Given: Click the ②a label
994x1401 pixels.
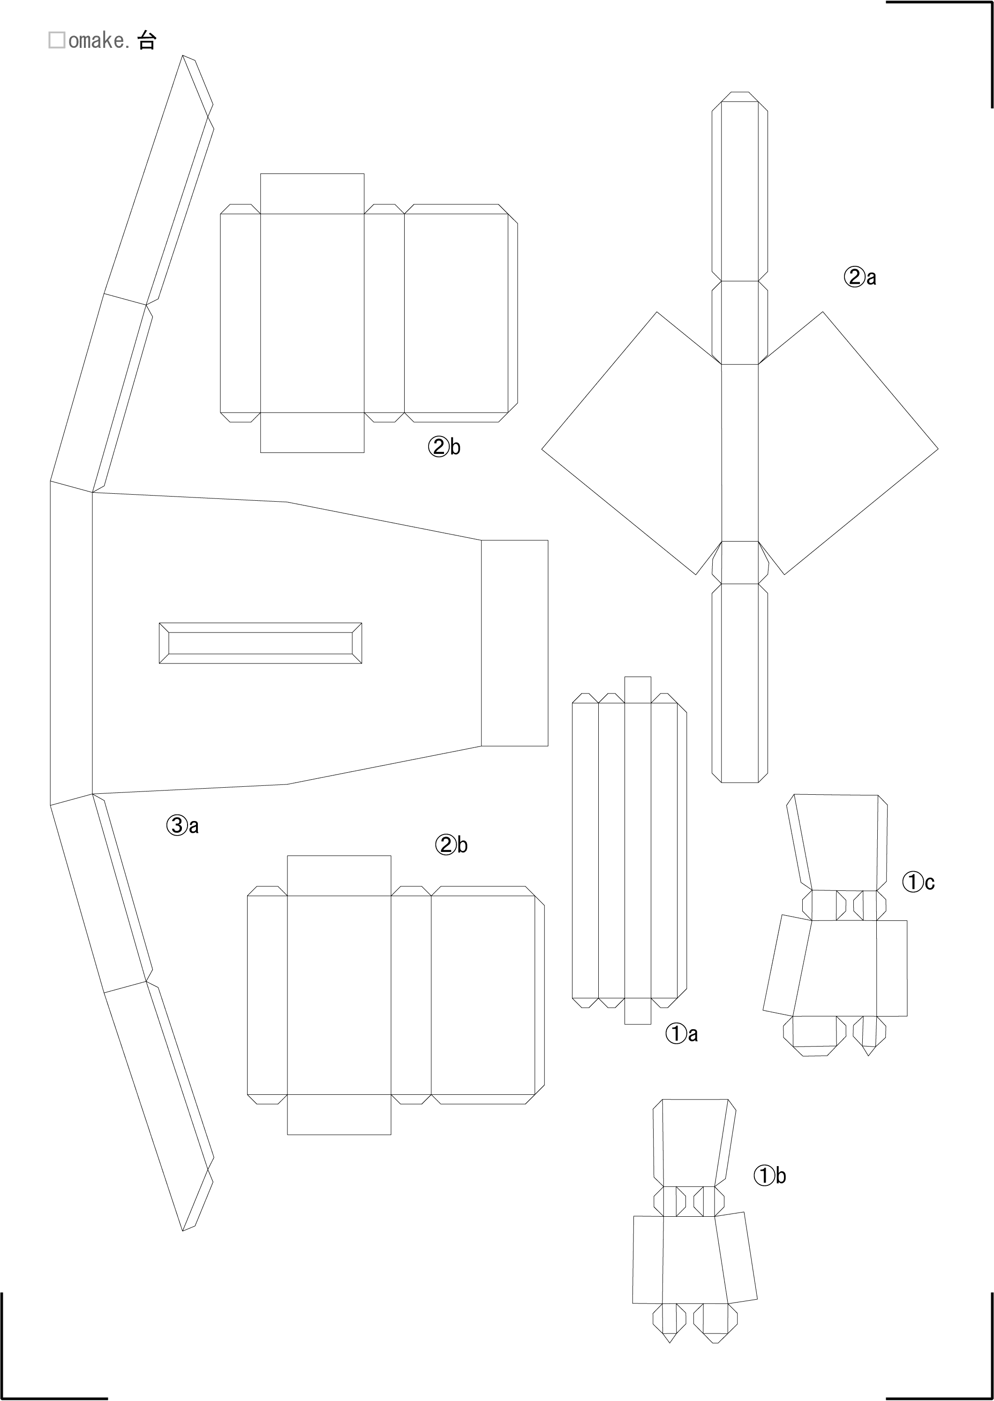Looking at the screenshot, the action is click(x=860, y=277).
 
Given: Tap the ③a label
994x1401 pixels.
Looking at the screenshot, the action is click(x=182, y=826).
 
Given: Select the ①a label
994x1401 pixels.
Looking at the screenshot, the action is click(x=682, y=1034).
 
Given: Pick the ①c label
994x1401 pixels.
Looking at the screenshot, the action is click(x=918, y=882).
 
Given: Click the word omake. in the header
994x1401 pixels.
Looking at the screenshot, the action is click(x=99, y=40).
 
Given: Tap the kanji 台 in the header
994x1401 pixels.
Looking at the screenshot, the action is click(x=147, y=40).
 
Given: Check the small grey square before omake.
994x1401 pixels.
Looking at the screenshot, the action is click(x=57, y=40).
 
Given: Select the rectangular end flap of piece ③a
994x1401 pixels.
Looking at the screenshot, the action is click(x=514, y=643).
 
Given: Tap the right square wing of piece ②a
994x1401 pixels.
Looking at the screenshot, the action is click(x=848, y=444).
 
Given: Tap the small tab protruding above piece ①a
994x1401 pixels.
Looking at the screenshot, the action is click(x=637, y=690).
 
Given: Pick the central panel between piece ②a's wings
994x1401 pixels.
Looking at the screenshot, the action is click(x=740, y=452).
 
